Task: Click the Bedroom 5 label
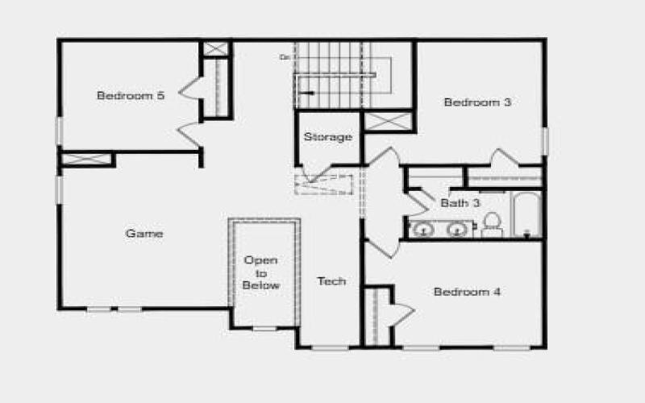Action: tap(131, 95)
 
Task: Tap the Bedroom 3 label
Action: tap(477, 102)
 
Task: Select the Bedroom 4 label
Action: tap(467, 292)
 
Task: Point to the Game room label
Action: tap(144, 234)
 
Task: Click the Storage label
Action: tap(327, 137)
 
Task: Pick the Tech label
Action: tap(331, 281)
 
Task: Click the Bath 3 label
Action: tap(460, 202)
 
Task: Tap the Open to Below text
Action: tap(261, 272)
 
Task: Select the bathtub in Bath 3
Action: tap(527, 214)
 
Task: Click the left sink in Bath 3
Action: tap(423, 230)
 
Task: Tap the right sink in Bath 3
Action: tap(457, 230)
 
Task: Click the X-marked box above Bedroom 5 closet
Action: tap(215, 48)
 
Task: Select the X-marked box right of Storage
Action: tap(389, 122)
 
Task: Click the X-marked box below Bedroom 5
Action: tap(87, 159)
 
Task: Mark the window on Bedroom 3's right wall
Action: tap(545, 141)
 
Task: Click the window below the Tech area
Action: tap(331, 347)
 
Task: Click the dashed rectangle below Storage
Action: tap(324, 184)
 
